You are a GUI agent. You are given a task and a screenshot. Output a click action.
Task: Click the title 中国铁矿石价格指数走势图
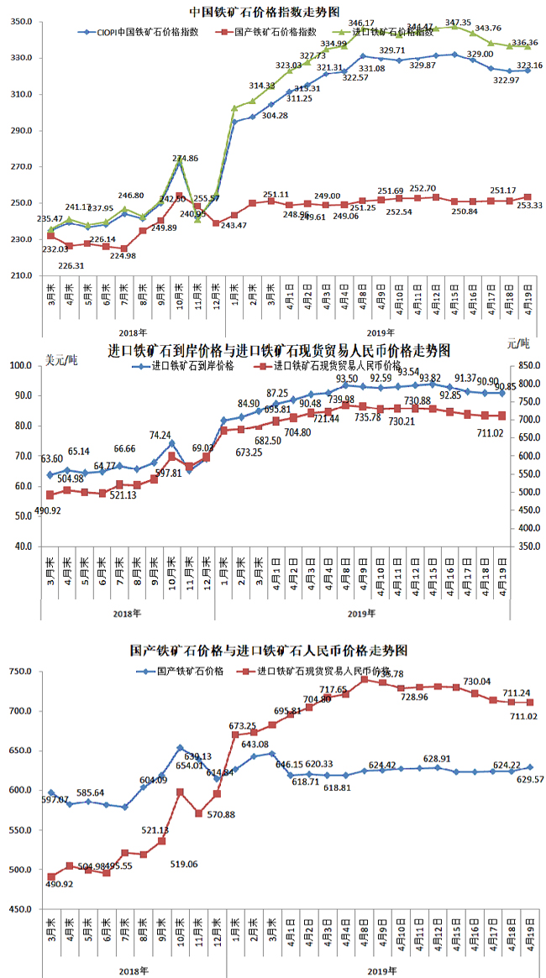[x=265, y=12]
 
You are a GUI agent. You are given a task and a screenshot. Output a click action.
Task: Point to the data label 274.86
[x=185, y=159]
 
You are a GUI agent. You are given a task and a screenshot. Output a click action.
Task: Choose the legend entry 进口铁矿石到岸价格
[x=198, y=367]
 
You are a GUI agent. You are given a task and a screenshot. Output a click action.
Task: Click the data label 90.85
[x=522, y=387]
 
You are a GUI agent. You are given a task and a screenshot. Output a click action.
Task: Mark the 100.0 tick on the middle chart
[x=19, y=366]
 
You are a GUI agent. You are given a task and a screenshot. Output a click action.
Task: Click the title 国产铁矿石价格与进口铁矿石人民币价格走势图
[x=269, y=651]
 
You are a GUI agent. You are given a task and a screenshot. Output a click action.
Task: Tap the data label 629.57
[x=522, y=780]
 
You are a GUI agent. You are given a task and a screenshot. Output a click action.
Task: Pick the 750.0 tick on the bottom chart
[x=20, y=672]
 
